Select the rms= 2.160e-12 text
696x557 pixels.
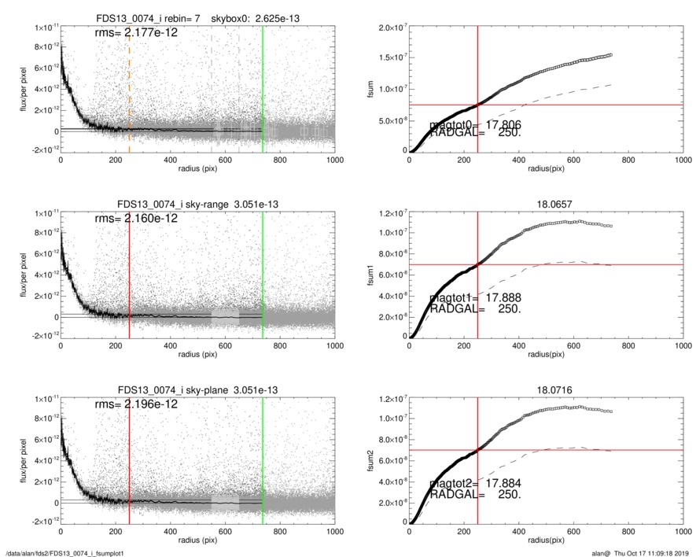[x=136, y=218]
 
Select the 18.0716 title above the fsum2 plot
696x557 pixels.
[x=546, y=390]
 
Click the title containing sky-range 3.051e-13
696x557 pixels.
[x=197, y=205]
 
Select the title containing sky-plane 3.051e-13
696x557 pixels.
[x=197, y=390]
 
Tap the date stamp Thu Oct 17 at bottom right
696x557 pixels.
[x=653, y=552]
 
